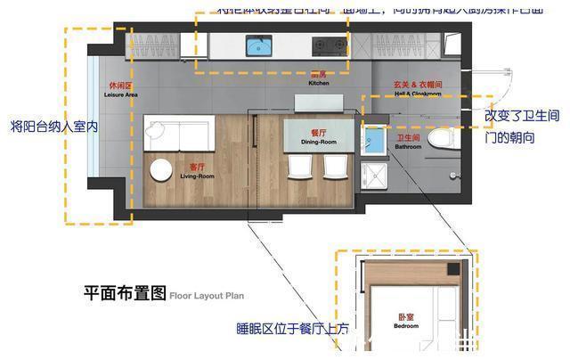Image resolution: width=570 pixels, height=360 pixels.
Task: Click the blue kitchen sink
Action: pyautogui.click(x=259, y=44)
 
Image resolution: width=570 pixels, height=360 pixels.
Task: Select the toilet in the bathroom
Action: pyautogui.click(x=441, y=140)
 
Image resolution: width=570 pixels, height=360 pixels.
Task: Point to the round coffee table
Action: pyautogui.click(x=162, y=171)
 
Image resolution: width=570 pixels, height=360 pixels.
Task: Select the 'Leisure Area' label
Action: pyautogui.click(x=118, y=90)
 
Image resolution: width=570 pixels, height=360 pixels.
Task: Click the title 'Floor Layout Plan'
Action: pyautogui.click(x=206, y=293)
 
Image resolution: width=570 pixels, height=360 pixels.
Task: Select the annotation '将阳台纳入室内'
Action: pyautogui.click(x=54, y=126)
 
